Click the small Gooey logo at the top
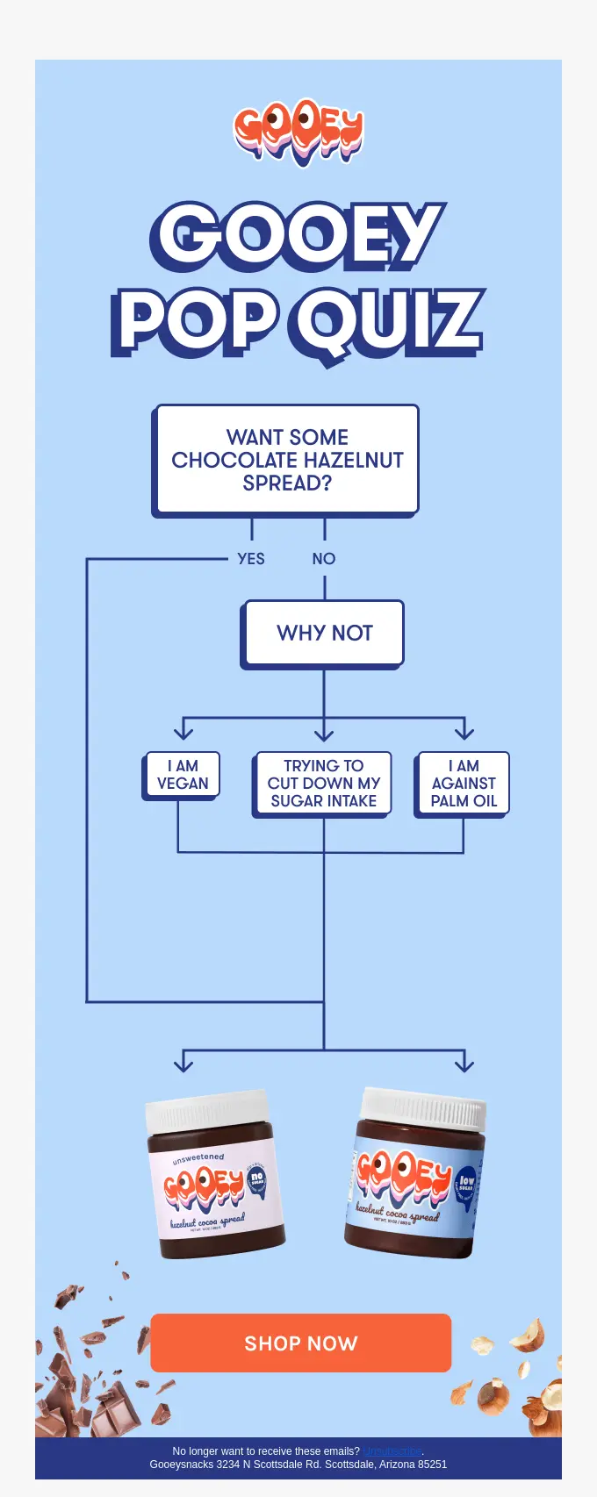[298, 132]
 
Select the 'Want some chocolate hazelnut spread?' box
[287, 460]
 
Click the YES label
[251, 559]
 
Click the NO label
[324, 559]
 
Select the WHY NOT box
[324, 633]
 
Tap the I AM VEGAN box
[183, 775]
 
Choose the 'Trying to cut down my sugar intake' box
[323, 784]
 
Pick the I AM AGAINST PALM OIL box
[464, 784]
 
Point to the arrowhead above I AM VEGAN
[183, 730]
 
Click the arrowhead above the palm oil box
[464, 730]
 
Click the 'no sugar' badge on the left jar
[256, 1179]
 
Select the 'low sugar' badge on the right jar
[466, 1183]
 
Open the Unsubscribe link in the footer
[392, 1451]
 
